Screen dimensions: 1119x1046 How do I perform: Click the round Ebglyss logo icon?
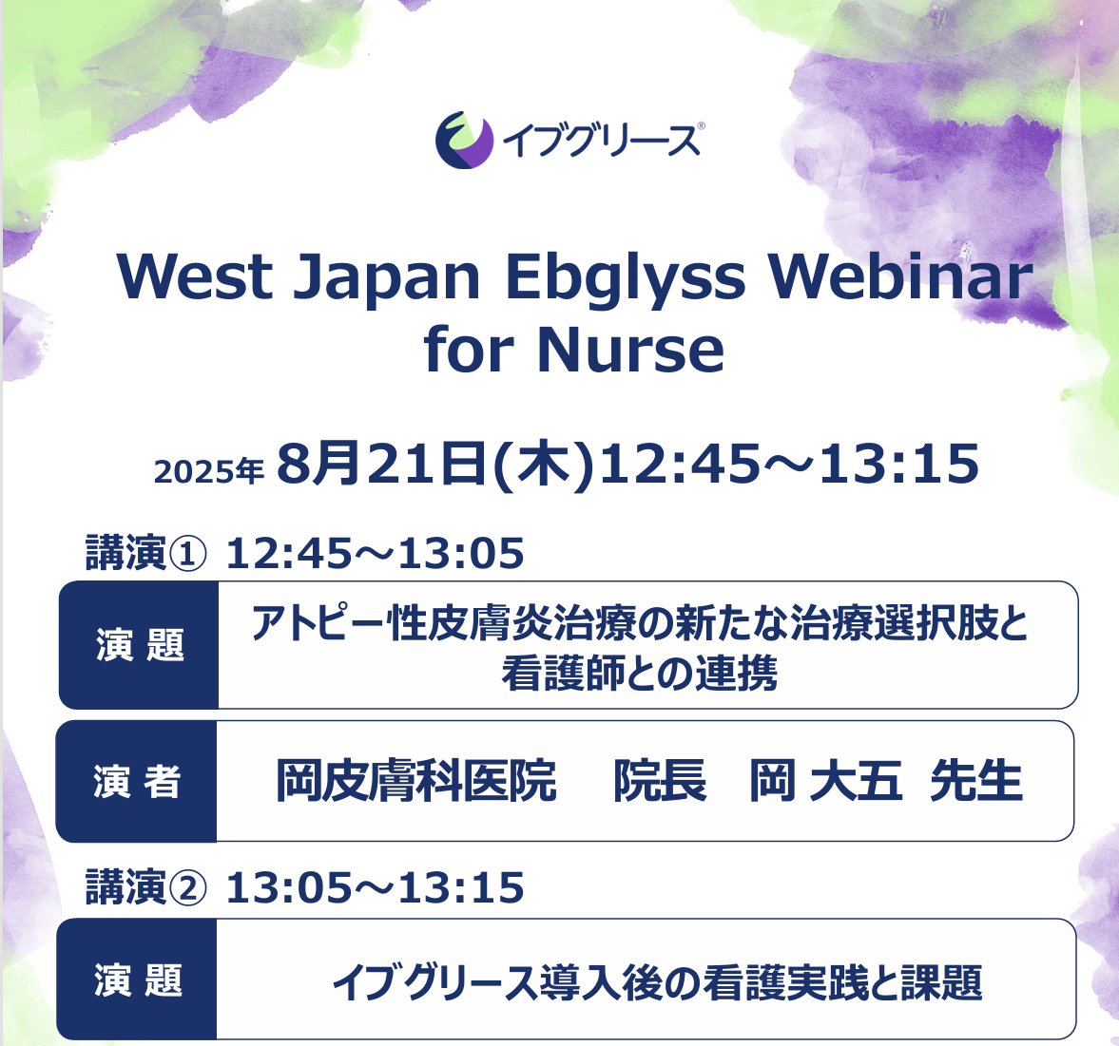point(465,140)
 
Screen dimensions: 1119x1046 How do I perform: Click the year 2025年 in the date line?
point(208,471)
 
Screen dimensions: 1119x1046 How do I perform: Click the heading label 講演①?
point(146,553)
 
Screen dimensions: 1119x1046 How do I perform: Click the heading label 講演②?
point(146,887)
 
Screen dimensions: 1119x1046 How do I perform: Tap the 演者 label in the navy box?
point(136,782)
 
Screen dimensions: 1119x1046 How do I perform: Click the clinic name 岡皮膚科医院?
point(416,781)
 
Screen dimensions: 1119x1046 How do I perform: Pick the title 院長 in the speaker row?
point(660,781)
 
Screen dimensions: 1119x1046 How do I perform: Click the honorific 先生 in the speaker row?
point(976,781)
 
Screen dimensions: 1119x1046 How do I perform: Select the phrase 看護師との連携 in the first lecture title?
point(640,673)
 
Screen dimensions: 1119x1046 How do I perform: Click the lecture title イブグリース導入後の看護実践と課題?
point(657,981)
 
